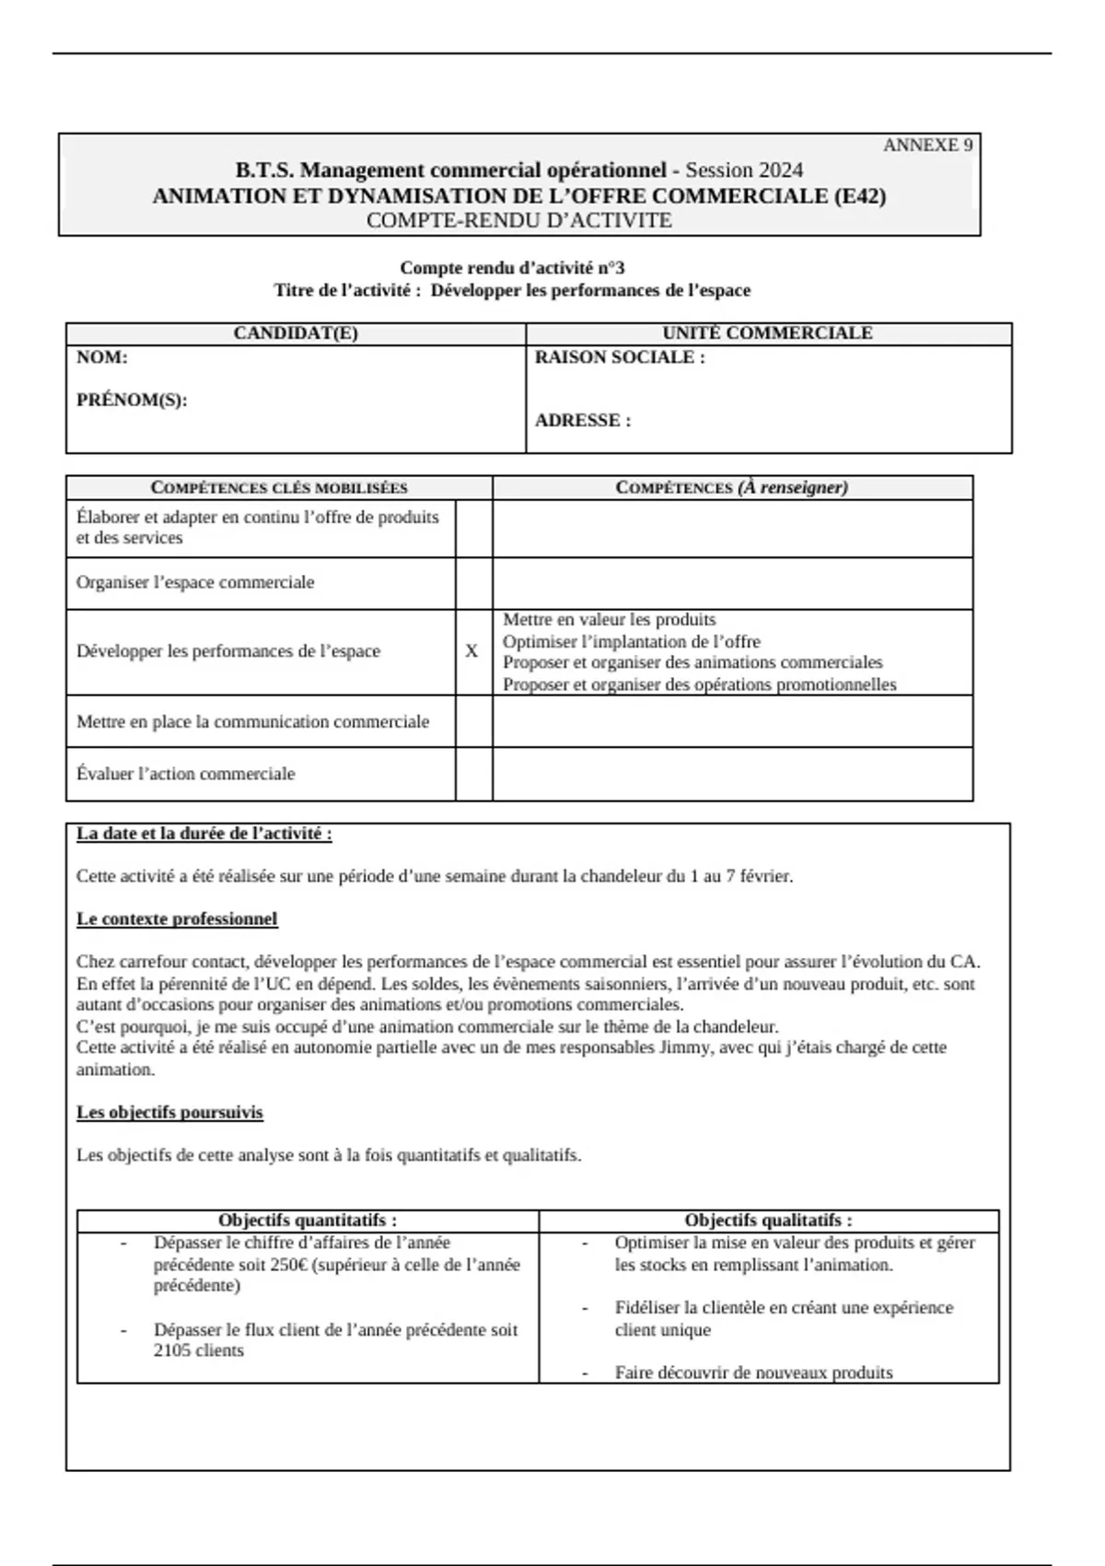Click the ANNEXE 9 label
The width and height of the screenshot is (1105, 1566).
click(927, 146)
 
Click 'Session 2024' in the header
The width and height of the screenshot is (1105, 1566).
click(744, 170)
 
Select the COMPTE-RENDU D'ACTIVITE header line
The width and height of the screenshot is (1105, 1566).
click(519, 221)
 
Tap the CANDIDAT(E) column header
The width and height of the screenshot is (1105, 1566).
click(296, 333)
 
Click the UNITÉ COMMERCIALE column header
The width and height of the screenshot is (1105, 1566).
click(767, 333)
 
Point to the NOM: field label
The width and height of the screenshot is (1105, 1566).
click(102, 357)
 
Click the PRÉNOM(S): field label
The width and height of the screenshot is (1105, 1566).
click(132, 401)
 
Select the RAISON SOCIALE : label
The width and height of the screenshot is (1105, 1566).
click(620, 357)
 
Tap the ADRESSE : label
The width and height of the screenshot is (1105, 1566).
click(583, 421)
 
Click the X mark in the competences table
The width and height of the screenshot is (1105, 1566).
click(472, 651)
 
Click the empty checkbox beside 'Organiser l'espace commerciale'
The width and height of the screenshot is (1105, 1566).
click(473, 583)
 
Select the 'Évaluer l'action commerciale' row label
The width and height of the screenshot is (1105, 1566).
click(186, 774)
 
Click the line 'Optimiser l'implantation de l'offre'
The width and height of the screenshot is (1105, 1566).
click(632, 641)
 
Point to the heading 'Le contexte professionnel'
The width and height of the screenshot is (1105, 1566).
click(177, 919)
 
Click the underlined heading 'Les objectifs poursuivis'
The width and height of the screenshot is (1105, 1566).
click(169, 1113)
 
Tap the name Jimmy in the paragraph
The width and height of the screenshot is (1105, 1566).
click(683, 1048)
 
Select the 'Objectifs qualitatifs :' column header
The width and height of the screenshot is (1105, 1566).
click(768, 1221)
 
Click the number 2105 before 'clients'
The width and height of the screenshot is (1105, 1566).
click(174, 1351)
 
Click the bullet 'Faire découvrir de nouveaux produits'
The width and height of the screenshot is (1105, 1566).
click(753, 1373)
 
